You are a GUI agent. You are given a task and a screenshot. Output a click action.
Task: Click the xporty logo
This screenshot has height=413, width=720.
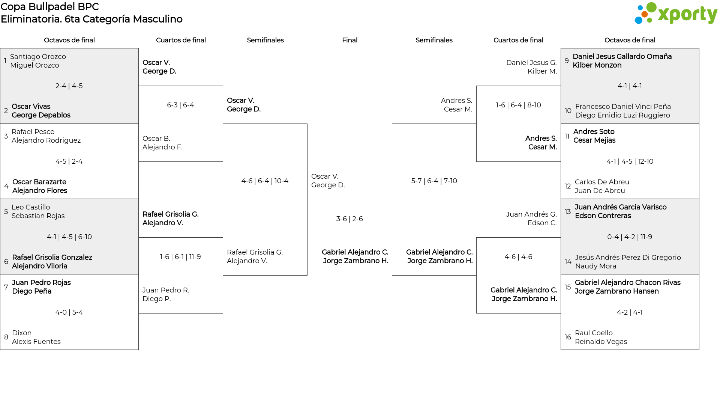click(676, 14)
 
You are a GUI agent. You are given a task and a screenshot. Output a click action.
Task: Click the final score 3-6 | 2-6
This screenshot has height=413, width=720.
click(349, 219)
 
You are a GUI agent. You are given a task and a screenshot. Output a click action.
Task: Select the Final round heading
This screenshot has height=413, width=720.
click(349, 40)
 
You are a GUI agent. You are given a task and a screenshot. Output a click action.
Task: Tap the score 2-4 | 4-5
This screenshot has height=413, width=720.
click(69, 86)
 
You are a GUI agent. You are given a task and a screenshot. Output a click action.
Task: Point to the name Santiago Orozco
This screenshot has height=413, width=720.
click(38, 57)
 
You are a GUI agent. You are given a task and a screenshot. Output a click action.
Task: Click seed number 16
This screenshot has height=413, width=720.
click(568, 337)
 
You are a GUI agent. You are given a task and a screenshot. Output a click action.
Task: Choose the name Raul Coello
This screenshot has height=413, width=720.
click(594, 333)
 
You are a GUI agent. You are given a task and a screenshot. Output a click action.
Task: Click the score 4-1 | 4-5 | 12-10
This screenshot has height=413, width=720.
click(630, 161)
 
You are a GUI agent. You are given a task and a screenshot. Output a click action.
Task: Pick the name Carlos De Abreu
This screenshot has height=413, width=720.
click(602, 182)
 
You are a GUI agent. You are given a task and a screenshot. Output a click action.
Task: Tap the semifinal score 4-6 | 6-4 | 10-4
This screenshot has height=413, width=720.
click(265, 181)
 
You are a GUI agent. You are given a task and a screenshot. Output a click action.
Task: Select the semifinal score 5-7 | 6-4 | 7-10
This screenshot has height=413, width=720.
click(434, 181)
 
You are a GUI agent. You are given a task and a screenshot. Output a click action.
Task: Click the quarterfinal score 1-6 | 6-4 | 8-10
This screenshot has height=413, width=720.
click(519, 105)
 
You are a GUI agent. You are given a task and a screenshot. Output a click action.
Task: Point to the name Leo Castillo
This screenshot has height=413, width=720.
click(31, 207)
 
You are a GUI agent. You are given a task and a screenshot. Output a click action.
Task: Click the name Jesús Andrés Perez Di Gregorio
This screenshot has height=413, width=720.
click(628, 258)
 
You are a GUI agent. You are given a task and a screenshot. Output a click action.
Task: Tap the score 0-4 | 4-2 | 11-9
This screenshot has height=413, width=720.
click(630, 237)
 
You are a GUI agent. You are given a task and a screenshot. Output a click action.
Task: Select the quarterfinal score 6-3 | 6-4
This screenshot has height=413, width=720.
click(180, 105)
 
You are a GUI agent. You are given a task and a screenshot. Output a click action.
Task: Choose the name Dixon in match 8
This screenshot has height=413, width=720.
click(22, 333)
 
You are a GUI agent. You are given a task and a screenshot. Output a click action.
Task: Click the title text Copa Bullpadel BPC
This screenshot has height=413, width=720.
click(50, 7)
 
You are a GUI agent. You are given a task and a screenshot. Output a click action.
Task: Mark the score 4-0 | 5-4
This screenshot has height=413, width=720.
click(69, 312)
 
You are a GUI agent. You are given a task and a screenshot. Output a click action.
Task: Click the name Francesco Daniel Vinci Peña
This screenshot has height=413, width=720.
click(623, 107)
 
